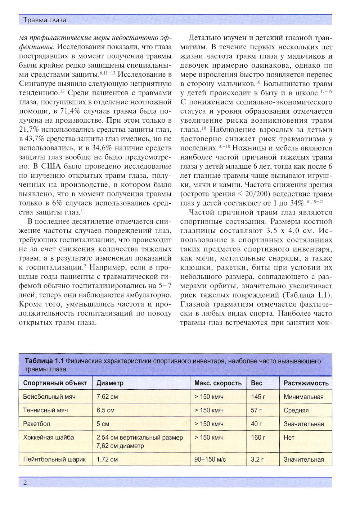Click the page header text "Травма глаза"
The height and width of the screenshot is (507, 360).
pos(45,20)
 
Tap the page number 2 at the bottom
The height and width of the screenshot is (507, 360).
pos(25,483)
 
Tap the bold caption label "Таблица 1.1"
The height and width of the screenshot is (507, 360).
pos(44,361)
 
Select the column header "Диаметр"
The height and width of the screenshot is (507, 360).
pos(110,383)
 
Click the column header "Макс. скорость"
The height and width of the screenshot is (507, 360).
pos(218,383)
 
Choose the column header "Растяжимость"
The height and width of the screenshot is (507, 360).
pos(306,383)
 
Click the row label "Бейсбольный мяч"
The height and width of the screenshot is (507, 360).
pos(49,397)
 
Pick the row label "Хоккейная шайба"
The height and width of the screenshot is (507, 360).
pos(49,438)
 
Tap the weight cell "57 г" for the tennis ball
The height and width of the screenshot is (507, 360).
pos(256,410)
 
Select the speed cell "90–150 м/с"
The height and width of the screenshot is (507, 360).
pos(210,460)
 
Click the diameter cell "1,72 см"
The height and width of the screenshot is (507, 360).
pos(107,460)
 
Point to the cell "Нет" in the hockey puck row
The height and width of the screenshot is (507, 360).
pos(289,438)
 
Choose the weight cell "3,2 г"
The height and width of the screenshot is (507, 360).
pos(257,460)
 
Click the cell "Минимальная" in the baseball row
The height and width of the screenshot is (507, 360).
pos(303,397)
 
